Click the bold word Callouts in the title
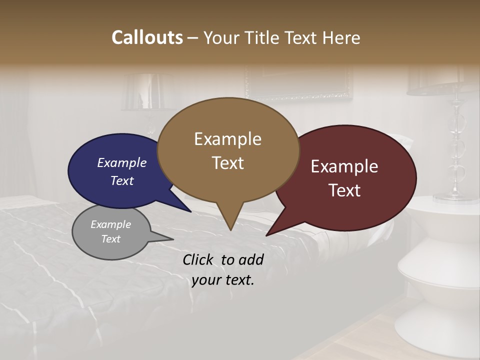tap(147, 37)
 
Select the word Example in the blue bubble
tap(122, 162)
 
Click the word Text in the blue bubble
tap(122, 180)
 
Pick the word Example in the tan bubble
tap(227, 139)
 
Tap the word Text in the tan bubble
tap(227, 163)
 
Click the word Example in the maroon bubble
tap(344, 166)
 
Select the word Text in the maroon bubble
tap(344, 190)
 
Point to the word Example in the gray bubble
tap(110, 224)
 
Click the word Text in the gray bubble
tap(110, 239)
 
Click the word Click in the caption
tap(199, 259)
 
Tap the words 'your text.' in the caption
tap(223, 280)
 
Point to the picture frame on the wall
tap(298, 83)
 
